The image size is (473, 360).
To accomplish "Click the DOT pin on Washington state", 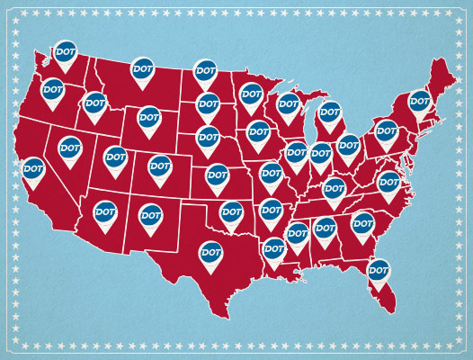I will point(65,52).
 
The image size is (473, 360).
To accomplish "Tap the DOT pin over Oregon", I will point(53,90).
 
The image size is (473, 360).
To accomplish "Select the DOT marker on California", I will point(33,168).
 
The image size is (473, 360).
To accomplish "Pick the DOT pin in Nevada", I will point(70,148).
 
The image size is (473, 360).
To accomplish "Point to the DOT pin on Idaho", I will point(95,103).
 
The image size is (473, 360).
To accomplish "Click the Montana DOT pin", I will point(143,68).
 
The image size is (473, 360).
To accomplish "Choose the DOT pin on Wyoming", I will point(149,117).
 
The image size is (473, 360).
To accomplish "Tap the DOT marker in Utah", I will point(115,157).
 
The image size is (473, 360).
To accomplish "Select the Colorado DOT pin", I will point(160,166).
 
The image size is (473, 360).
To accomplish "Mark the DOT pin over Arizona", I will point(105,211).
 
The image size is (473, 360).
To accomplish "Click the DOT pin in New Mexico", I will point(149,215).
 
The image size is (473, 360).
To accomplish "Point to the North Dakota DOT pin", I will point(207,70).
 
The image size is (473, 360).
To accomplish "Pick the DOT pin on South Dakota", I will point(208,103).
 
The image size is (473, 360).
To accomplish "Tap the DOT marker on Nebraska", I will point(208,138).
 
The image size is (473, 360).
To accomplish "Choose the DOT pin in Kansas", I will point(218,175).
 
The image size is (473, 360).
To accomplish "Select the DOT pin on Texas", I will point(210,253).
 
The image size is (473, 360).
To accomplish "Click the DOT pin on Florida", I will point(379,269).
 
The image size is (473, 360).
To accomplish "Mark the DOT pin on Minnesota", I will point(251,94).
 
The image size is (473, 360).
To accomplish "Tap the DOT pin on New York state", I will point(420,101).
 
